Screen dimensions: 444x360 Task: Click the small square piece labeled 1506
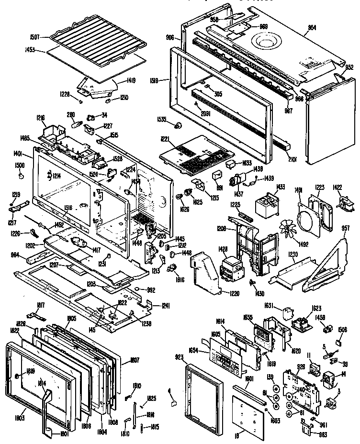tap(340, 342)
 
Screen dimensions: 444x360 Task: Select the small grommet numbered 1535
tap(179, 126)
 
